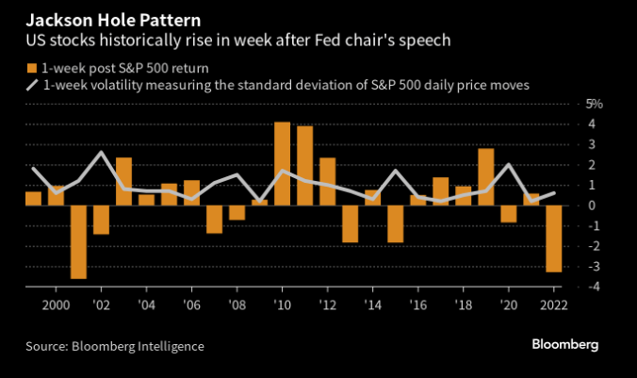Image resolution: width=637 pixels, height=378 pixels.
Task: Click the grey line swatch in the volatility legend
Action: (x=33, y=85)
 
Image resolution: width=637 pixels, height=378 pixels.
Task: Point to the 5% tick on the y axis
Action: (x=595, y=105)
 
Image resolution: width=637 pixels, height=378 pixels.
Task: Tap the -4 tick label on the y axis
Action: (x=592, y=287)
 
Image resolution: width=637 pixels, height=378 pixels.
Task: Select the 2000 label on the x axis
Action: (x=56, y=306)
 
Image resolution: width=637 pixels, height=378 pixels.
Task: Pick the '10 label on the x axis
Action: (x=282, y=306)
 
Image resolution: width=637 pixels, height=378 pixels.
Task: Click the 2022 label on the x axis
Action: (x=555, y=306)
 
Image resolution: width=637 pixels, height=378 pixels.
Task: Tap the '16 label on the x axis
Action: (x=417, y=306)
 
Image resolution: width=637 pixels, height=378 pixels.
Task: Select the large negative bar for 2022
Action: (x=554, y=238)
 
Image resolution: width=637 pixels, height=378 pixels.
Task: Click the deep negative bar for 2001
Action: (x=78, y=241)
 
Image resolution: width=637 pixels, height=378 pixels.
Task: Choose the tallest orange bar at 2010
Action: (x=282, y=163)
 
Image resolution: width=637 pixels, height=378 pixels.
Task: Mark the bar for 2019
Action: (x=486, y=176)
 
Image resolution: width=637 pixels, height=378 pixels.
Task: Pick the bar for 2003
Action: (x=123, y=181)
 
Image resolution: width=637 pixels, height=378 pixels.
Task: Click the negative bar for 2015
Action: (x=395, y=223)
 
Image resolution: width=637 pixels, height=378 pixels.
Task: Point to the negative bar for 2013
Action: (x=350, y=223)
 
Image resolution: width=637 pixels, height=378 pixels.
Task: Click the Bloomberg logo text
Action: (x=563, y=346)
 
